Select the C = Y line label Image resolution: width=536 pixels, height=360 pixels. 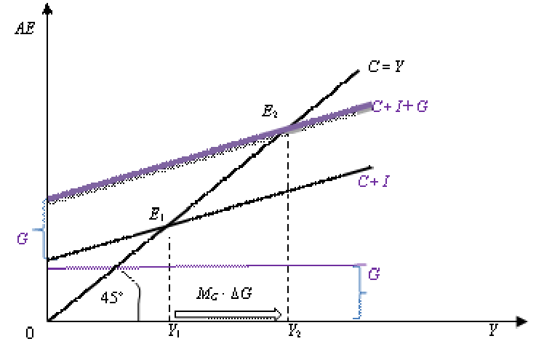[x=385, y=67]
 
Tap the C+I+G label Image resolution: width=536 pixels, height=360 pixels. [x=400, y=106]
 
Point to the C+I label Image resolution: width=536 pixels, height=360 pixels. [x=373, y=182]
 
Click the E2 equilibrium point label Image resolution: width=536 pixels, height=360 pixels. [x=269, y=112]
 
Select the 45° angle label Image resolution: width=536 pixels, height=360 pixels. [x=111, y=298]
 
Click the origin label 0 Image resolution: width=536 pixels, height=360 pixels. [x=30, y=333]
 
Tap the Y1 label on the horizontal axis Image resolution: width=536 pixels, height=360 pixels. [x=175, y=332]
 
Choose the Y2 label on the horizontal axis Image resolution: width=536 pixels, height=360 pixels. [x=295, y=332]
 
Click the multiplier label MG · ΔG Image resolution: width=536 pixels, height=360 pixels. [x=224, y=294]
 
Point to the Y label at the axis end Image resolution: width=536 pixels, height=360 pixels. [x=493, y=332]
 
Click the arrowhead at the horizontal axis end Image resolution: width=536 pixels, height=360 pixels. [x=521, y=321]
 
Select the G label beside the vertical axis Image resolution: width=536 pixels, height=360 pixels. [x=22, y=239]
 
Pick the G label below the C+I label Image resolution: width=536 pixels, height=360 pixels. [x=374, y=275]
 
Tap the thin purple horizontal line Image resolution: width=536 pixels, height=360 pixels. [x=218, y=267]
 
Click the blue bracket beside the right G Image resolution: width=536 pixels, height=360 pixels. [x=359, y=291]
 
